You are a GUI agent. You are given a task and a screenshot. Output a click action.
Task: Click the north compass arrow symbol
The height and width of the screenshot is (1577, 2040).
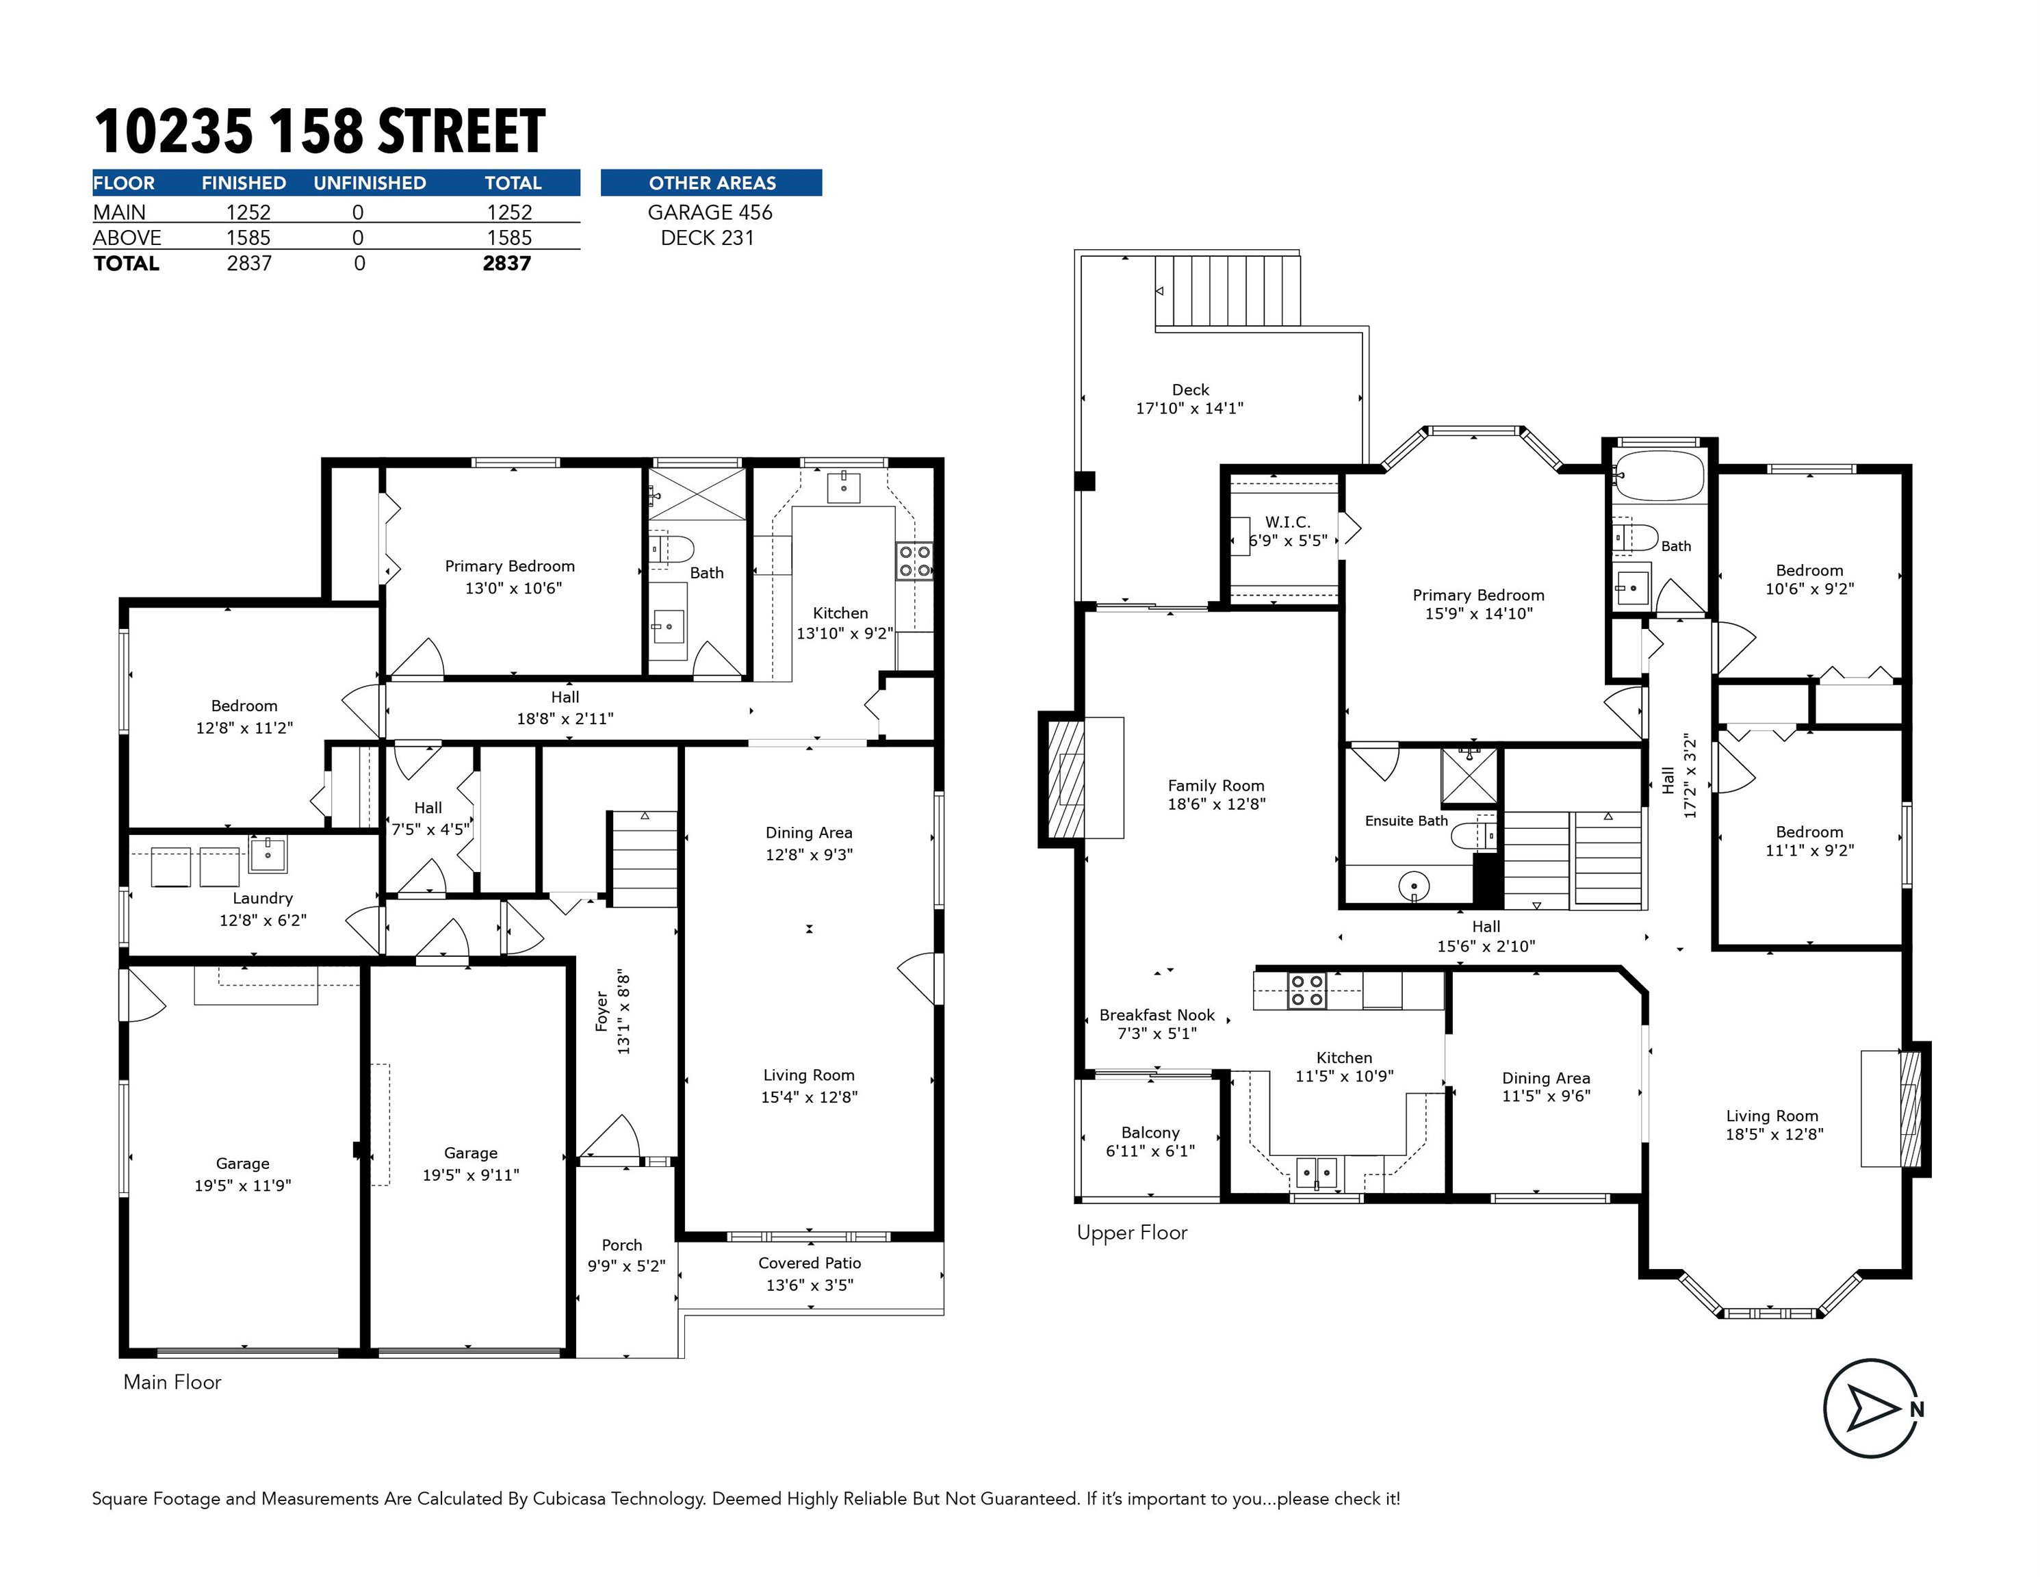pos(1872,1408)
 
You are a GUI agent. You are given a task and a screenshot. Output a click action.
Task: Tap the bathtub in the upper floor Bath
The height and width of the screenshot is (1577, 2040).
pos(1659,476)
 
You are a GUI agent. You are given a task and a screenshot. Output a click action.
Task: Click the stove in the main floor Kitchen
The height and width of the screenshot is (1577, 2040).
pos(914,561)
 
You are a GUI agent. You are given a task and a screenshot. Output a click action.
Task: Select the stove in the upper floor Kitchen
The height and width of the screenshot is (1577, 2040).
pos(1307,990)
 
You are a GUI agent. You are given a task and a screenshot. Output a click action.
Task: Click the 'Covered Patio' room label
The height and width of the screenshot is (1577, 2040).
pos(810,1263)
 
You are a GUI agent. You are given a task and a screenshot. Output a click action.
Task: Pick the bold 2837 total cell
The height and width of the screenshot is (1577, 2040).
pos(506,264)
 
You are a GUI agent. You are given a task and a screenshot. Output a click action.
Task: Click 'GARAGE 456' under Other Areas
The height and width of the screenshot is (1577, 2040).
pos(710,212)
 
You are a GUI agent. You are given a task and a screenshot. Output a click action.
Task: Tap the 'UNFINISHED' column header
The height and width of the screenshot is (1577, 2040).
pos(370,183)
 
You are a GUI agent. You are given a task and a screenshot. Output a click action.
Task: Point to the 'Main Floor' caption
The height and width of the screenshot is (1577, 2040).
pos(172,1382)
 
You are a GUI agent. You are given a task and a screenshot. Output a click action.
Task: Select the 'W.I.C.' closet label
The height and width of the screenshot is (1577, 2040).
pos(1287,522)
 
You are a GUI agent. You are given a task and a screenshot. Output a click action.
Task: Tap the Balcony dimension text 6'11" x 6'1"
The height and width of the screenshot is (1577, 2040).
pos(1150,1151)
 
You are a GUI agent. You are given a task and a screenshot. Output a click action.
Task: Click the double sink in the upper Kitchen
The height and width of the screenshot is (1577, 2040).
pos(1316,1172)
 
